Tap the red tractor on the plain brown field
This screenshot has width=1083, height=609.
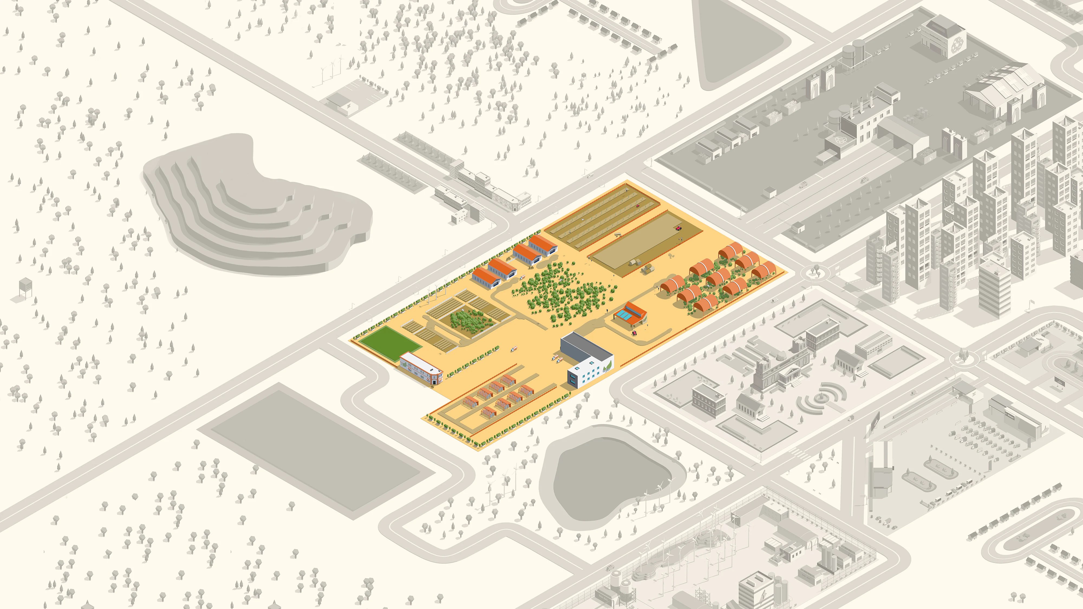pos(678,228)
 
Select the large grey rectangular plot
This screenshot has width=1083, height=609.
pos(315,450)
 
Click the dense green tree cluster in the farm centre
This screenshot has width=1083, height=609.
pos(563,290)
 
